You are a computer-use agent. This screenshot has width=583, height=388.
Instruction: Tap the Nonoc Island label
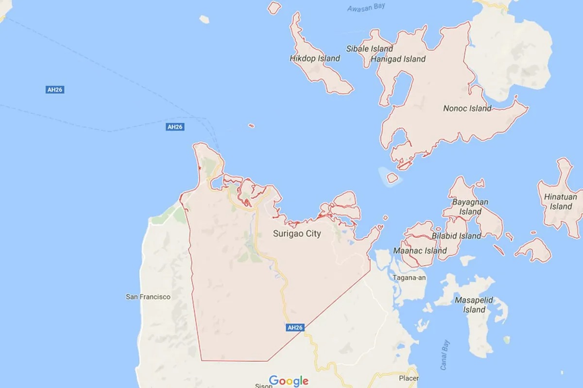[x=467, y=108]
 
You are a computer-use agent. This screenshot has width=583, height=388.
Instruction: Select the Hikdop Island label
[x=315, y=58]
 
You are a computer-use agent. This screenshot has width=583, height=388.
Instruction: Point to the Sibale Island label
[x=369, y=49]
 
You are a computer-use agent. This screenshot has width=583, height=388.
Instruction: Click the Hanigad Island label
[x=398, y=59]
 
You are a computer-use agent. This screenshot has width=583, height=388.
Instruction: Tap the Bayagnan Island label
[x=470, y=206]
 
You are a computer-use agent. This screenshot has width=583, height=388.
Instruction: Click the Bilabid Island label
[x=456, y=236]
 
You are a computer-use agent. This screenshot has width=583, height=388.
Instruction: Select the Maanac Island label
[x=420, y=251]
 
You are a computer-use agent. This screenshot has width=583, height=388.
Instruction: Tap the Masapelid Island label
[x=474, y=305]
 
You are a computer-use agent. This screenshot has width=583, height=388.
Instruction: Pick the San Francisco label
[x=148, y=297]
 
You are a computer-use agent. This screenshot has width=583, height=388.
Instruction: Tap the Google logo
[x=289, y=381]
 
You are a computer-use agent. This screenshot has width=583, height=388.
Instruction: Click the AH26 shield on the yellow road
[x=294, y=328]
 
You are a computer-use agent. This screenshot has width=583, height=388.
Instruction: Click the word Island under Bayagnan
[x=470, y=212]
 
